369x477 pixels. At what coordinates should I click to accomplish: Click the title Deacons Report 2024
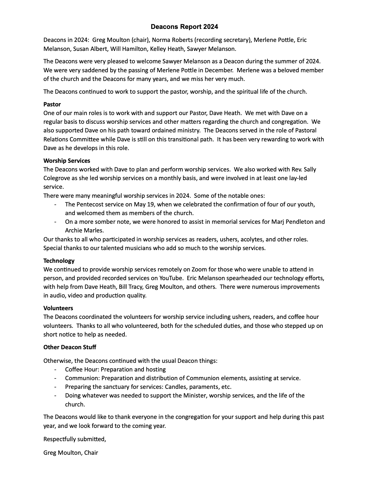click(184, 27)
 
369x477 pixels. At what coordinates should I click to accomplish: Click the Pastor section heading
click(52, 104)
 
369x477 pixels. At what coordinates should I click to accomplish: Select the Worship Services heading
click(67, 160)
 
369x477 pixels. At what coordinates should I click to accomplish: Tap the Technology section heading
click(59, 260)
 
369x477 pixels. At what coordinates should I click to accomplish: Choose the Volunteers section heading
click(58, 308)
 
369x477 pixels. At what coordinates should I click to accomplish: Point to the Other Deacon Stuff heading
click(70, 347)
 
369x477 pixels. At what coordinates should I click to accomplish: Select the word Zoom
click(199, 269)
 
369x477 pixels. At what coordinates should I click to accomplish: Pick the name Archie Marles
click(84, 230)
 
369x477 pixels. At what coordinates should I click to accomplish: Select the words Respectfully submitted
click(75, 439)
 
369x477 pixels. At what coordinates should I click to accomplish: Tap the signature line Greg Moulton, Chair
click(71, 452)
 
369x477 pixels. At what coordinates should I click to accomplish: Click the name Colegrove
click(57, 178)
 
